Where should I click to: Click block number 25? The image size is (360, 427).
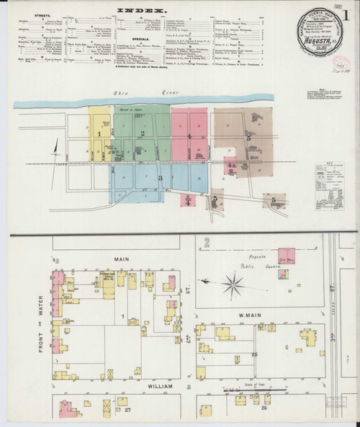tap(254, 354)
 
